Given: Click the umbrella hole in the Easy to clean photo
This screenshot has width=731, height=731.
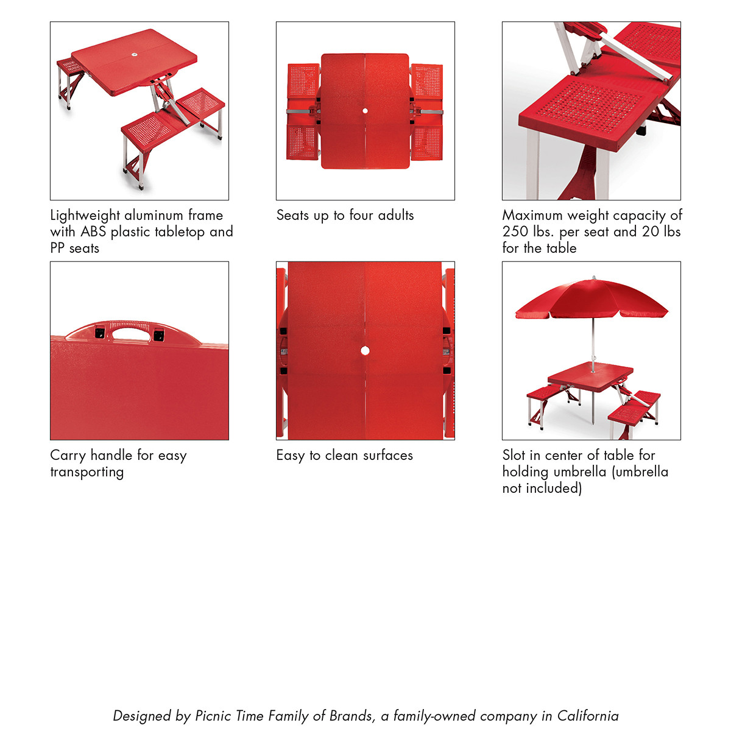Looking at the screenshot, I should (365, 350).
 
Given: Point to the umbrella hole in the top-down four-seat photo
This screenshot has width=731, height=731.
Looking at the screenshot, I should (365, 111).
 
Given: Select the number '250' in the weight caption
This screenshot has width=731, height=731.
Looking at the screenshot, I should (516, 231).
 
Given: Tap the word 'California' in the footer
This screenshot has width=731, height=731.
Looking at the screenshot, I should (587, 716).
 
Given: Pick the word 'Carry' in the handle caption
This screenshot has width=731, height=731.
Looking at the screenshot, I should (68, 456).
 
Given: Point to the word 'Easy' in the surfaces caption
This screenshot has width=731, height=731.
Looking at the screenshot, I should (291, 456).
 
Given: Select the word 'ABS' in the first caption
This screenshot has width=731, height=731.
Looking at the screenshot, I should (93, 231).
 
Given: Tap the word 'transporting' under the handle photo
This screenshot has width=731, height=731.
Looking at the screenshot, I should (87, 472).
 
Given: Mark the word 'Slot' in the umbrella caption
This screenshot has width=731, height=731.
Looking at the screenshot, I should (514, 455).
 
